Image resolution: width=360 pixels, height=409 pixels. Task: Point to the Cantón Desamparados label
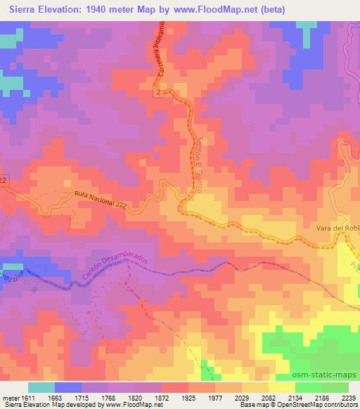coord(116,270)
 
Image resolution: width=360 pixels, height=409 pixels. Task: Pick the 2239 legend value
coord(349,398)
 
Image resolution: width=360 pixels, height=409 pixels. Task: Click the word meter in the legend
coord(10,398)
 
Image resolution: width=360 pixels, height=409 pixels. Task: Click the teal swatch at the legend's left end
coord(41,387)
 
